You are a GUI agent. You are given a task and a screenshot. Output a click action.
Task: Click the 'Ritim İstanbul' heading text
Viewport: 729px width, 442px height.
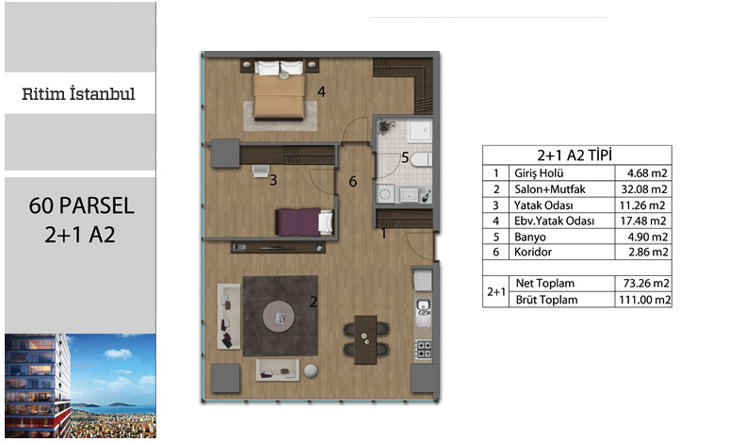78,93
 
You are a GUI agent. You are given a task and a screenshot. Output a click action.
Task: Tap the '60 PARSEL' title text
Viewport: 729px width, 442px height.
81,205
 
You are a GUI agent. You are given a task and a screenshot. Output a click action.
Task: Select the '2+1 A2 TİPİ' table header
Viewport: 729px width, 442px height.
575,155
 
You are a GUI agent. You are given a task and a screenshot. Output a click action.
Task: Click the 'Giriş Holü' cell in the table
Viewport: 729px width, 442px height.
539,173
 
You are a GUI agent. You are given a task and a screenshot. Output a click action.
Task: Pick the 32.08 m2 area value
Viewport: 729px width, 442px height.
644,189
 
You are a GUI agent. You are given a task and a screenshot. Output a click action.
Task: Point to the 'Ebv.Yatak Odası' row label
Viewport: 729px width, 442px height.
554,221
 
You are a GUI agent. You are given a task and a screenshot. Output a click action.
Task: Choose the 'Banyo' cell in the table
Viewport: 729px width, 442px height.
530,237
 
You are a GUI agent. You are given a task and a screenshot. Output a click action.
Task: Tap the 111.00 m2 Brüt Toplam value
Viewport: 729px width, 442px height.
645,300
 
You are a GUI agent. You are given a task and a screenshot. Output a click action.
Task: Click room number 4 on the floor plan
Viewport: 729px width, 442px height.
321,91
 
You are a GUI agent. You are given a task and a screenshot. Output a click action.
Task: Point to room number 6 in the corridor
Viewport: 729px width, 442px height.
353,182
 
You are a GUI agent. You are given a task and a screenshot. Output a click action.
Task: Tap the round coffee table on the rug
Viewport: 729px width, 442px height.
279,317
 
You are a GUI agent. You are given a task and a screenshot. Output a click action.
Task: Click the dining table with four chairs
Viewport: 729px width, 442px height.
365,339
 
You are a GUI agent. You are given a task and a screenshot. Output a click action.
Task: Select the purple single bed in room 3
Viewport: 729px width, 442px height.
304,221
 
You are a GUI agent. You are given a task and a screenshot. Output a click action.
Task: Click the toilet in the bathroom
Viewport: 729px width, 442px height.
421,159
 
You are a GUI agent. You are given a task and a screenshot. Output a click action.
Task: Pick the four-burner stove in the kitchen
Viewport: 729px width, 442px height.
423,349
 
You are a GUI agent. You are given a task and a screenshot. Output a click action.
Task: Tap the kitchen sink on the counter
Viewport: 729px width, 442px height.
423,310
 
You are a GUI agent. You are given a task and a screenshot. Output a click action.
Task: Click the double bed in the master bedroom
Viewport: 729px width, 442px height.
279,90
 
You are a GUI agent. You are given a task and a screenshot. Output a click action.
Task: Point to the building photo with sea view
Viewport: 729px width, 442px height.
80,385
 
